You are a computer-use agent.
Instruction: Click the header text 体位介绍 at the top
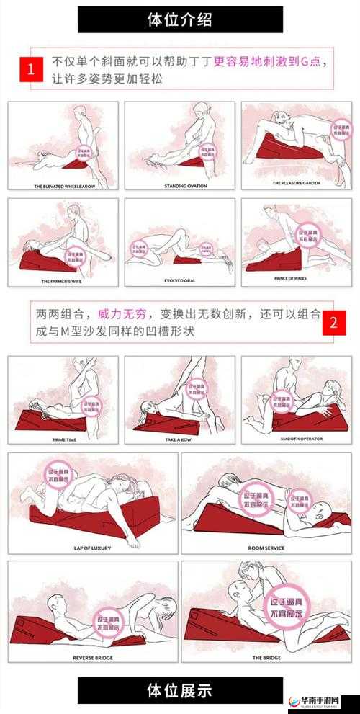tap(179, 19)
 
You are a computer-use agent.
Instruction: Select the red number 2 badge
tap(333, 322)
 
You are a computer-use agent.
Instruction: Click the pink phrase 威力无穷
tap(122, 314)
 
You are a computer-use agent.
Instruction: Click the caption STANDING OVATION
tap(180, 186)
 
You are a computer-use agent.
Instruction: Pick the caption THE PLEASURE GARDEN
tap(295, 183)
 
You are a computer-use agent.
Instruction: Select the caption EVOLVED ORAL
tap(179, 280)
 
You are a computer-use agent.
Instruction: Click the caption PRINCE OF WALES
tap(295, 278)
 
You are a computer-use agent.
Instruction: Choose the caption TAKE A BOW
tap(179, 439)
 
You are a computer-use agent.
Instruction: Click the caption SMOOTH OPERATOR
tap(295, 438)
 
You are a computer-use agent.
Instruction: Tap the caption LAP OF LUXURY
tap(93, 548)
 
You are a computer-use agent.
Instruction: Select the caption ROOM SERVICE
tap(266, 548)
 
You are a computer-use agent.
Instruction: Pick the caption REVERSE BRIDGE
tap(93, 657)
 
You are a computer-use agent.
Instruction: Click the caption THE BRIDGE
tap(266, 657)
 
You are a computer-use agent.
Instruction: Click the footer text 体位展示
tap(179, 690)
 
